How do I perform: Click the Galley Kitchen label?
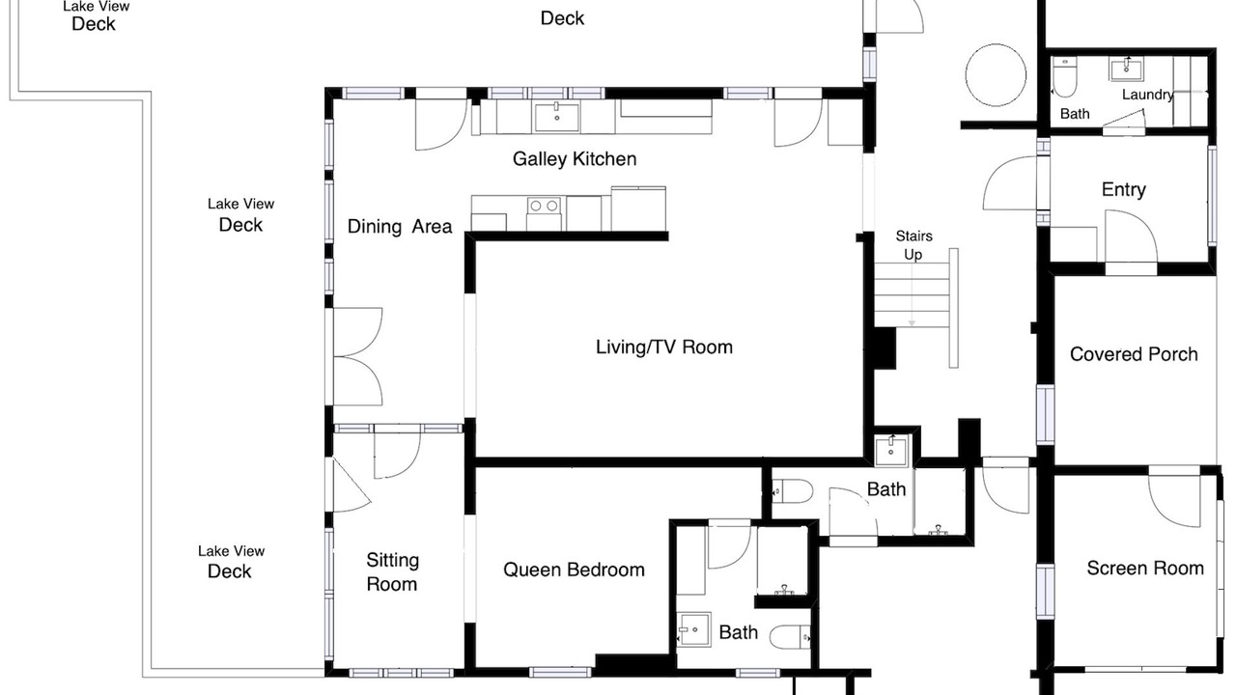(575, 159)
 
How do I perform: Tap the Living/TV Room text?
(664, 347)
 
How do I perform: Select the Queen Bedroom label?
(574, 570)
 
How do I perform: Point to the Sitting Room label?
(392, 572)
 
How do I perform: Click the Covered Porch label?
(1134, 354)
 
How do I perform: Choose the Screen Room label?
(1145, 569)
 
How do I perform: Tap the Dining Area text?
(400, 227)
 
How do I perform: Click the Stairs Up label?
(913, 245)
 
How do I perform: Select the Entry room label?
(1124, 190)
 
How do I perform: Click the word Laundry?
(1148, 95)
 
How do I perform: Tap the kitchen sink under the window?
(557, 117)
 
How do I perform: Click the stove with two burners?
(544, 213)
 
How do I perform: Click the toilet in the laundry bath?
(1064, 76)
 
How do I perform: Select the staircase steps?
(912, 294)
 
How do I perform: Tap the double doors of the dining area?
(358, 357)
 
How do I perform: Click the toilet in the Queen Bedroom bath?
(790, 638)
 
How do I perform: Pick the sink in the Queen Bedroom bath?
(693, 628)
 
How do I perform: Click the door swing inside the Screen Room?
(1174, 498)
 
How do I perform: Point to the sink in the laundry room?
(1126, 69)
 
